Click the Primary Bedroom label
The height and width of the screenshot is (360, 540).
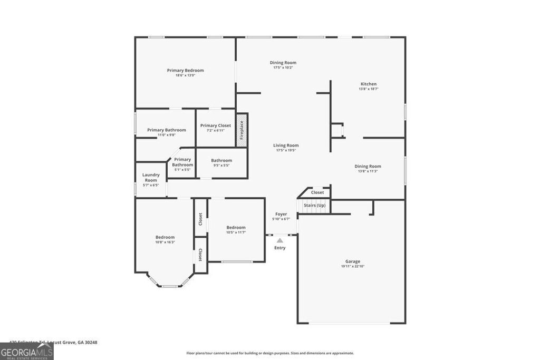[185, 70]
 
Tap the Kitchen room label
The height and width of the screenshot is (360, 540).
[368, 84]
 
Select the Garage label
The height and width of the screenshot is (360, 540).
[352, 261]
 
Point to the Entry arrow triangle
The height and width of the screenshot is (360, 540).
[280, 240]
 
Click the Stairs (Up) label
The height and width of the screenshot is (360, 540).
[314, 205]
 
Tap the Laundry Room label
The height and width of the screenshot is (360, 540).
[150, 177]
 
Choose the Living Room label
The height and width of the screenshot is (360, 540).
[286, 145]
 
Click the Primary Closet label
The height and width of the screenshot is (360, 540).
[216, 125]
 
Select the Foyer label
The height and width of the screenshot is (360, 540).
[281, 214]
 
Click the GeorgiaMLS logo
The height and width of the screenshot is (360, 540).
[26, 352]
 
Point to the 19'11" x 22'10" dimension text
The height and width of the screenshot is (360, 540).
[352, 267]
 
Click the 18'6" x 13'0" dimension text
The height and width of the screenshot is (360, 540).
[185, 75]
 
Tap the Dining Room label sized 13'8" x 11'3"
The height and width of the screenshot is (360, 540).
[368, 166]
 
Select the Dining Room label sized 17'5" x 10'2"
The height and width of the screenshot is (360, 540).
[283, 63]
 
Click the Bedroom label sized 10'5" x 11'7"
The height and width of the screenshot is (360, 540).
[236, 227]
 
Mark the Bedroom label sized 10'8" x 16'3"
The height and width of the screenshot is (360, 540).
[165, 237]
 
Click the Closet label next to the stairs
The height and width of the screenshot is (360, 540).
[317, 192]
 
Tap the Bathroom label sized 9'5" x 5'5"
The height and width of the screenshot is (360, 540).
[221, 160]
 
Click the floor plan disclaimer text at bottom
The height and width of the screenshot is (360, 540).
[270, 353]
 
